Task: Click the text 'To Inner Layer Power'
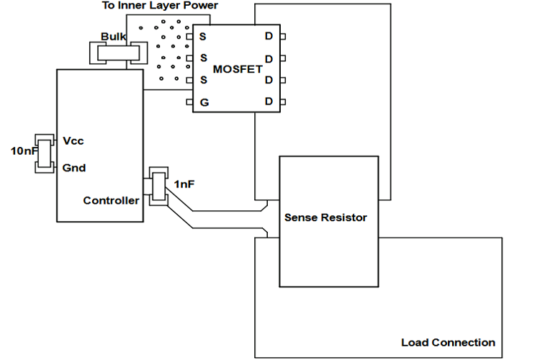pyautogui.click(x=161, y=6)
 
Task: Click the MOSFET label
pyautogui.click(x=238, y=69)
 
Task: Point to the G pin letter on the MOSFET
pyautogui.click(x=204, y=103)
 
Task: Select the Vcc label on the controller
pyautogui.click(x=73, y=141)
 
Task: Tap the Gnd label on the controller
pyautogui.click(x=74, y=168)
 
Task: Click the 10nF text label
pyautogui.click(x=22, y=152)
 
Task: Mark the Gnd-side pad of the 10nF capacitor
pyautogui.click(x=45, y=170)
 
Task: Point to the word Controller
pyautogui.click(x=111, y=200)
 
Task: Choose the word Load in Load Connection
pyautogui.click(x=415, y=342)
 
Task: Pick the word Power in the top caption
pyautogui.click(x=202, y=6)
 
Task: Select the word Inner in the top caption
pyautogui.click(x=137, y=6)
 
